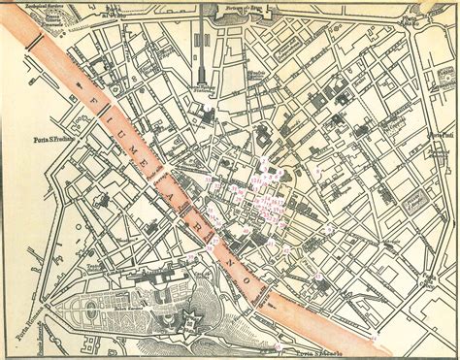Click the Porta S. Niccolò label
330,353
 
